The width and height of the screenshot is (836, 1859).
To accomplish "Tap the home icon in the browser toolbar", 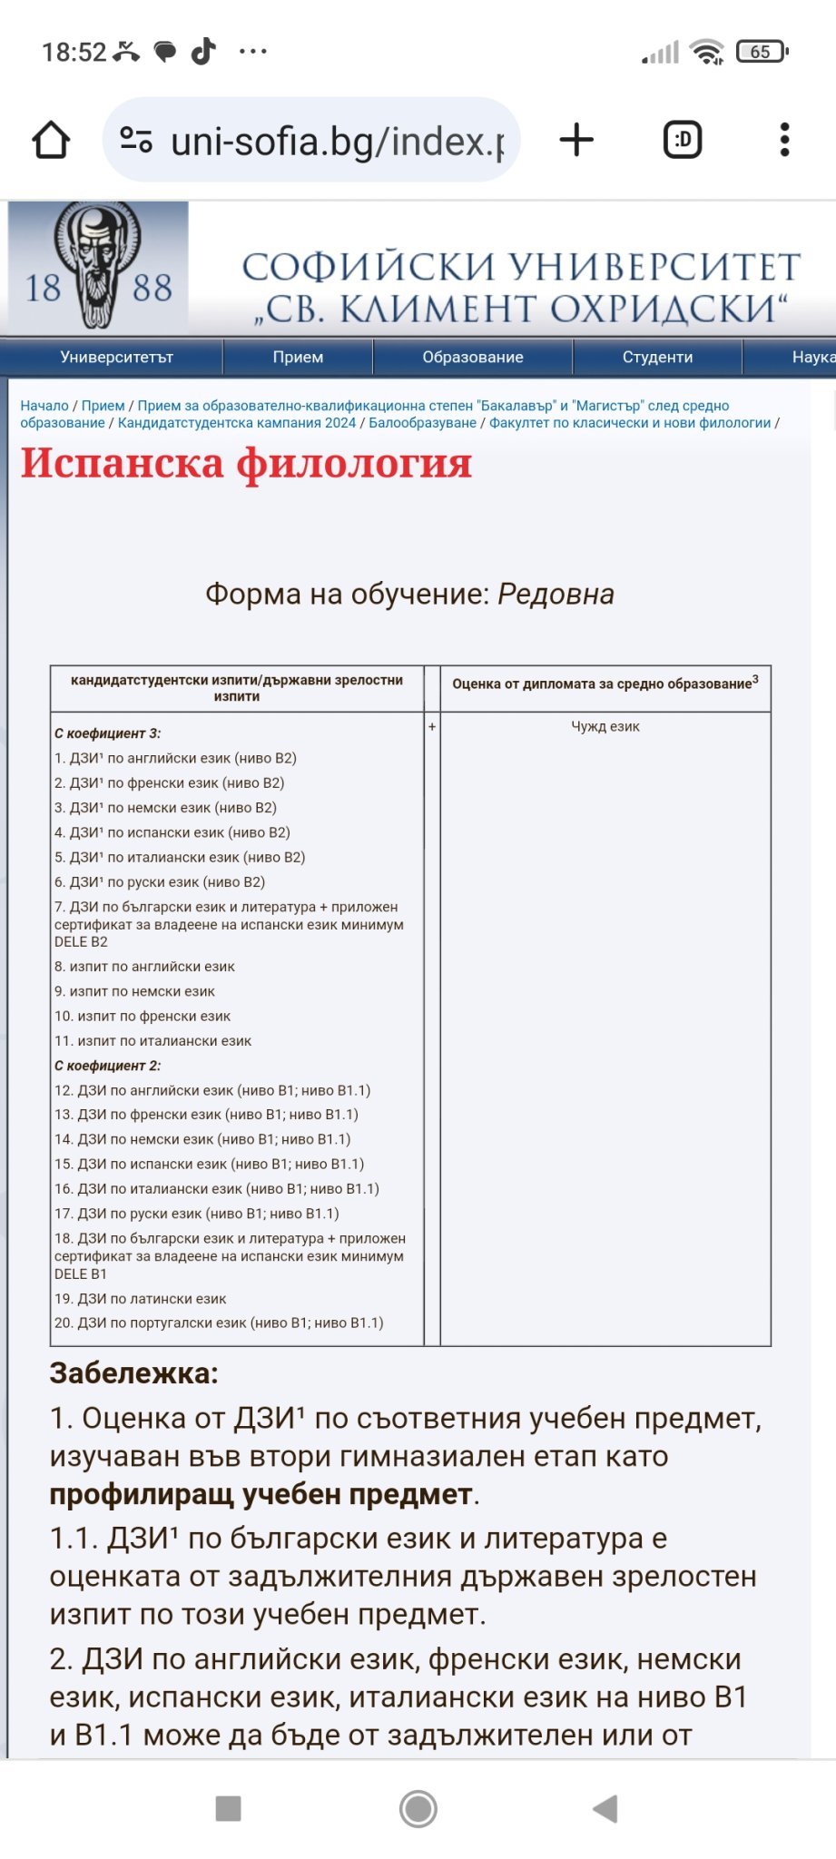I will [51, 141].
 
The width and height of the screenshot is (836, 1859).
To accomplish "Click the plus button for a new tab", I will [576, 140].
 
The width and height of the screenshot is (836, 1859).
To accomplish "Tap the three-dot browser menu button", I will [785, 140].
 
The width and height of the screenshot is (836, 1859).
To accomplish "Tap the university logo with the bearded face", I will [98, 265].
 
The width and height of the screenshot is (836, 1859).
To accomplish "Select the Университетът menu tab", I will [116, 357].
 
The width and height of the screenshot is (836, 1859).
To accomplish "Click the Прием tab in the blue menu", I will [298, 357].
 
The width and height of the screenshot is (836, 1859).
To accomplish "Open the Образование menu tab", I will [472, 357].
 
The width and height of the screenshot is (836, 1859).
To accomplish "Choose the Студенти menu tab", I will [657, 357].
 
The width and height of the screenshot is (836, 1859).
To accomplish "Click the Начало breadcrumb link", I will [44, 406].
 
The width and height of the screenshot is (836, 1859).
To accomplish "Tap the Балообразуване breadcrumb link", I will [422, 423].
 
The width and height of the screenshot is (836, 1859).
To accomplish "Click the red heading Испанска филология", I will [246, 463].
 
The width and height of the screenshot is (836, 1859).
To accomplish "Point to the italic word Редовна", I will [556, 595].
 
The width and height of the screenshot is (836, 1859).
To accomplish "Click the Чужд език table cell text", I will [605, 726].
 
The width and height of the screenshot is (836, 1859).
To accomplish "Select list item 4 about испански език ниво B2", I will [172, 832].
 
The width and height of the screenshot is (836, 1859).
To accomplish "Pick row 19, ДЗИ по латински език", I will [141, 1299].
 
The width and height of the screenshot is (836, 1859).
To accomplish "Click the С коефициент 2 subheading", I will [107, 1066].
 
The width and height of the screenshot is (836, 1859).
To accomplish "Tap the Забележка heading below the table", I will [133, 1373].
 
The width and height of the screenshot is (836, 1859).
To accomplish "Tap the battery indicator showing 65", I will [761, 52].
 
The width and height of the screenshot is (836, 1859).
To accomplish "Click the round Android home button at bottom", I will [418, 1809].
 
